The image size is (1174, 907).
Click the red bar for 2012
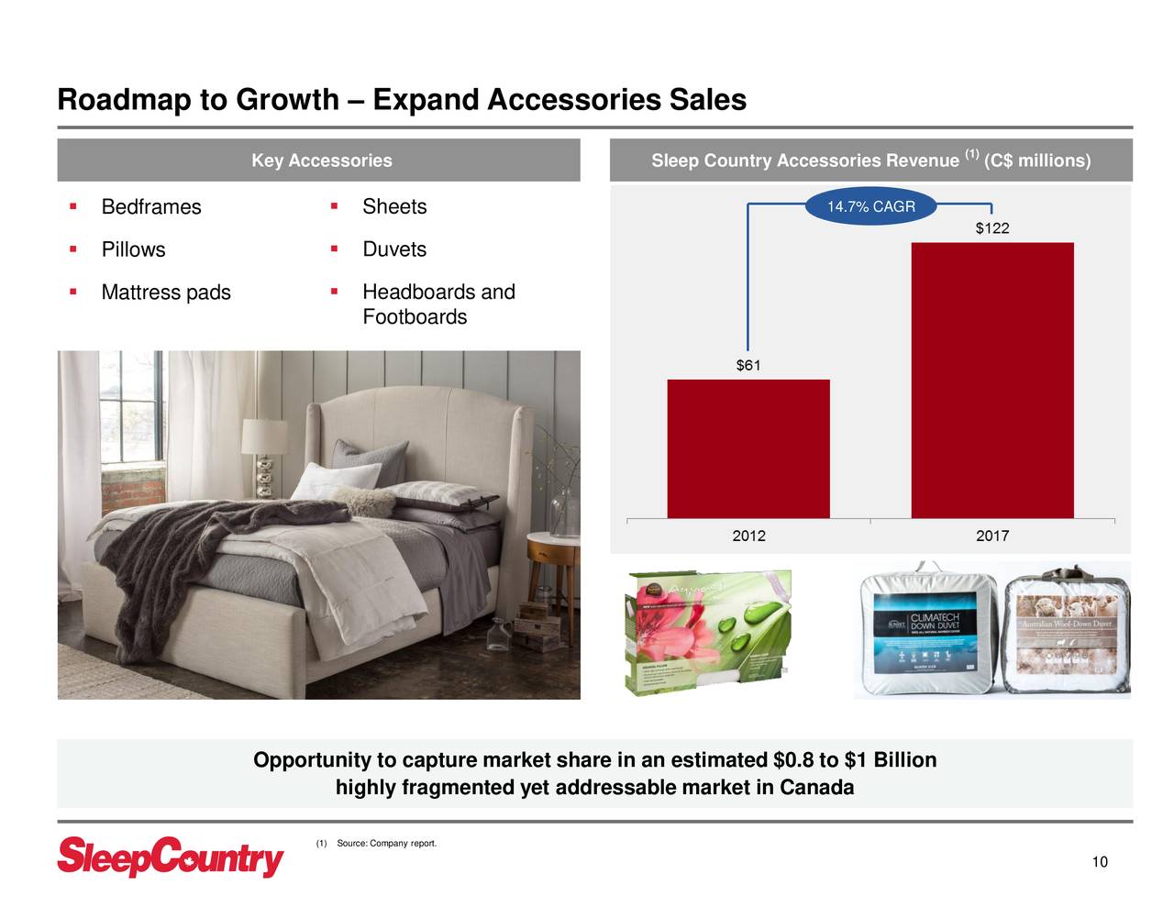point(748,448)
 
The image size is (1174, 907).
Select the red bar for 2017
point(991,380)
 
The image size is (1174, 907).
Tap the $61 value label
point(748,366)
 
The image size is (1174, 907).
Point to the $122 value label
point(991,228)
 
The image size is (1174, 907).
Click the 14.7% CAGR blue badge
point(870,207)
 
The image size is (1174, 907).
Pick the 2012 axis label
point(748,536)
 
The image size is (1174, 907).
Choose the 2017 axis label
point(991,536)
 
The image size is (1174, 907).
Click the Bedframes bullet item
point(150,207)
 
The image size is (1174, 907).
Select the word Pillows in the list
point(133,249)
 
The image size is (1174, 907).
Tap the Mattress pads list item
point(165,293)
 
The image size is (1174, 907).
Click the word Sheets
point(394,207)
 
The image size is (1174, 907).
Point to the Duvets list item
point(394,249)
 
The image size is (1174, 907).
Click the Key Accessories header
point(321,160)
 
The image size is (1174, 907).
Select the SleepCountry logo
point(171,857)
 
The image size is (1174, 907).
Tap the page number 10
point(1100,862)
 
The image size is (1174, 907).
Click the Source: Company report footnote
point(385,844)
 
